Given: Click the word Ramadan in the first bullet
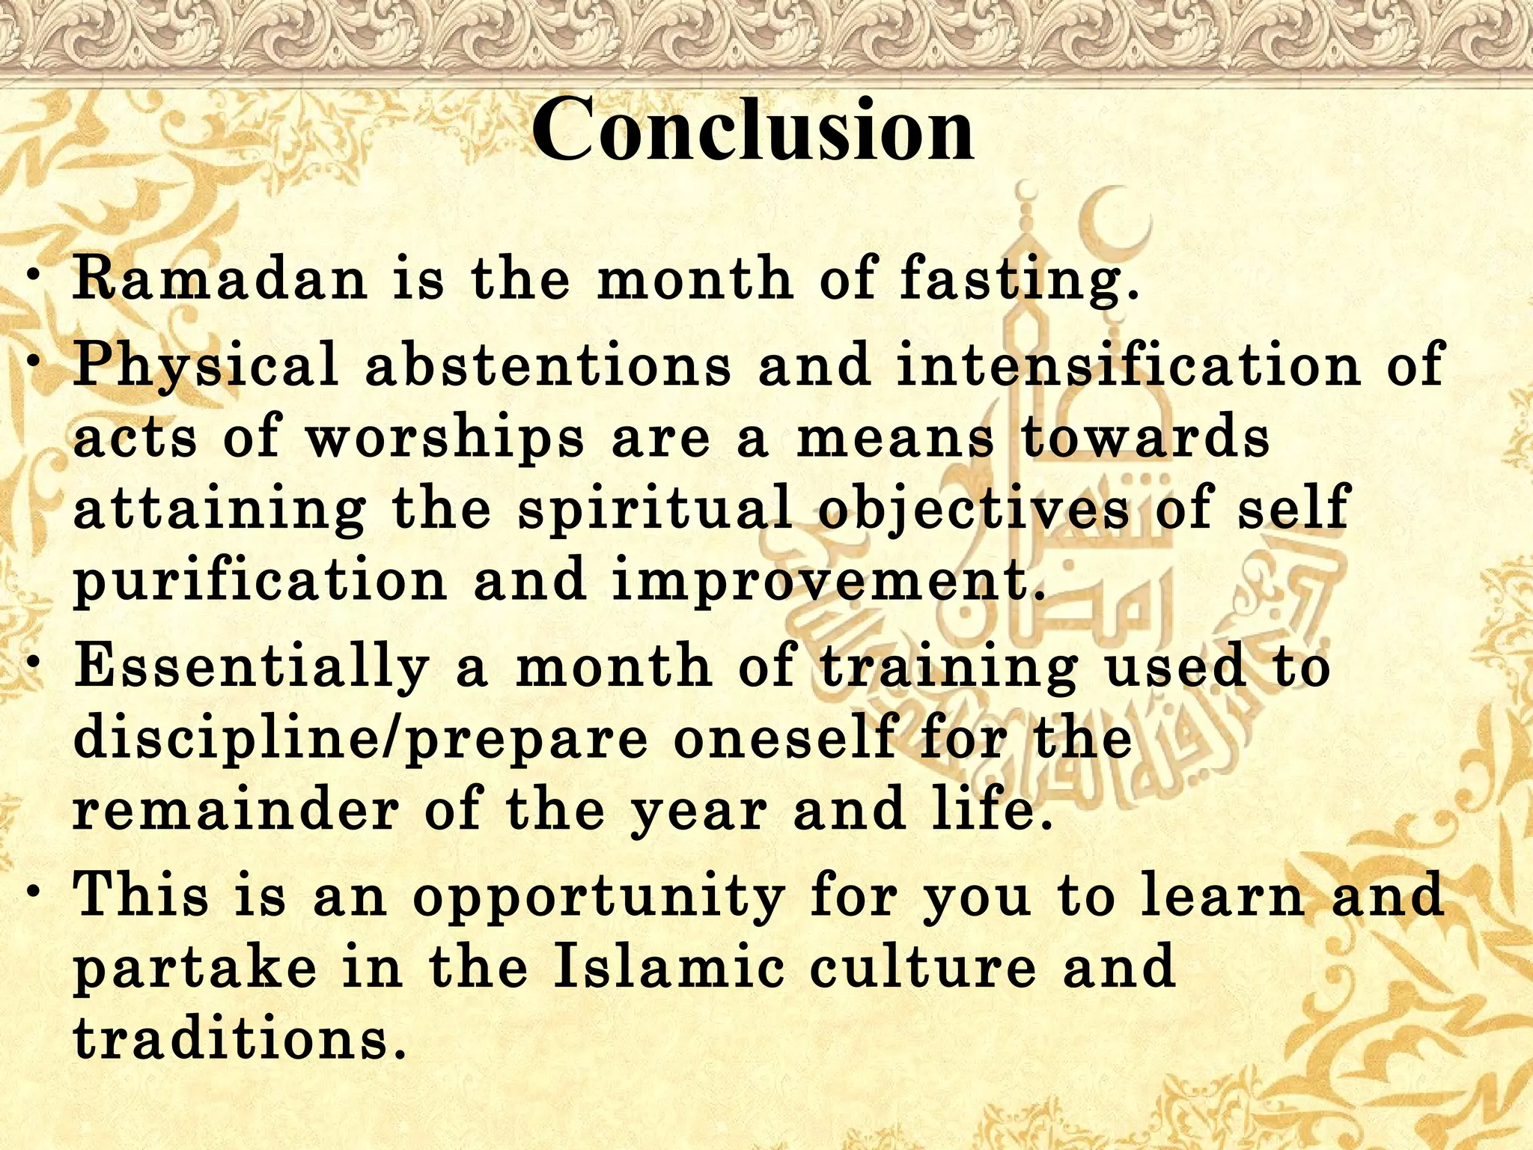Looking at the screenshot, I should (x=220, y=279).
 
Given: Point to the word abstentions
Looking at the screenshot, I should (x=548, y=365).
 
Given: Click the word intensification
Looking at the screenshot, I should (x=1127, y=365).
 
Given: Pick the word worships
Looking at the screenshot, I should (x=445, y=438).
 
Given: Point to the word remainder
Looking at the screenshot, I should (x=235, y=810).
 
